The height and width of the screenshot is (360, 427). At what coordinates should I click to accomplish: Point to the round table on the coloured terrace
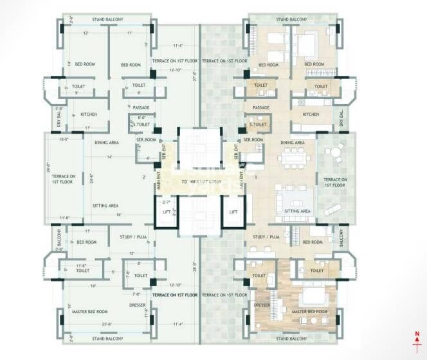(x=334, y=154)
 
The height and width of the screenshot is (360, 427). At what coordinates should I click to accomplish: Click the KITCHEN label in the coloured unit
(x=311, y=114)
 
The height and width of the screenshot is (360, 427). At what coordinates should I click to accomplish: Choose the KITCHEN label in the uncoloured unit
(x=89, y=114)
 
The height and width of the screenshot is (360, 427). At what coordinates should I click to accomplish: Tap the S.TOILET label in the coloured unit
(x=259, y=125)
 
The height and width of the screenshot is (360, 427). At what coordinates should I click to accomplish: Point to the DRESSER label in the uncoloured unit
(x=138, y=305)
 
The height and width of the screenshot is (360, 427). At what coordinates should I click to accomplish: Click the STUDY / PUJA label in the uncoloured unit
(x=135, y=237)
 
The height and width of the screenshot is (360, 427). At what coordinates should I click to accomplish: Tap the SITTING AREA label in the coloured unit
(x=298, y=211)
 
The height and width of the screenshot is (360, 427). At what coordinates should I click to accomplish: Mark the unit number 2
(x=144, y=177)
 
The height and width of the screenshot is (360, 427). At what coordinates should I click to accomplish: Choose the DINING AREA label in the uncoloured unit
(x=107, y=142)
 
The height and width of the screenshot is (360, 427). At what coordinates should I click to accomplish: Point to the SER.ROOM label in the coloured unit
(x=253, y=139)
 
